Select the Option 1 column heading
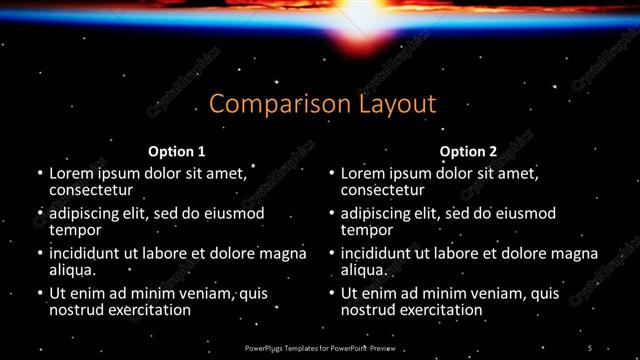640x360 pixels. coord(176,152)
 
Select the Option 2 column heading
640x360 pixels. coord(468,152)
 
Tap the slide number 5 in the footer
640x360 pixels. coord(590,347)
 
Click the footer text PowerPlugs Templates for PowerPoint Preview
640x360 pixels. coord(319,347)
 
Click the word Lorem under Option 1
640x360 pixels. coord(72,173)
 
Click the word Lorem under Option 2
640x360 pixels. coord(364,173)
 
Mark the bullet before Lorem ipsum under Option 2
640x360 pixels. coord(329,174)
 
